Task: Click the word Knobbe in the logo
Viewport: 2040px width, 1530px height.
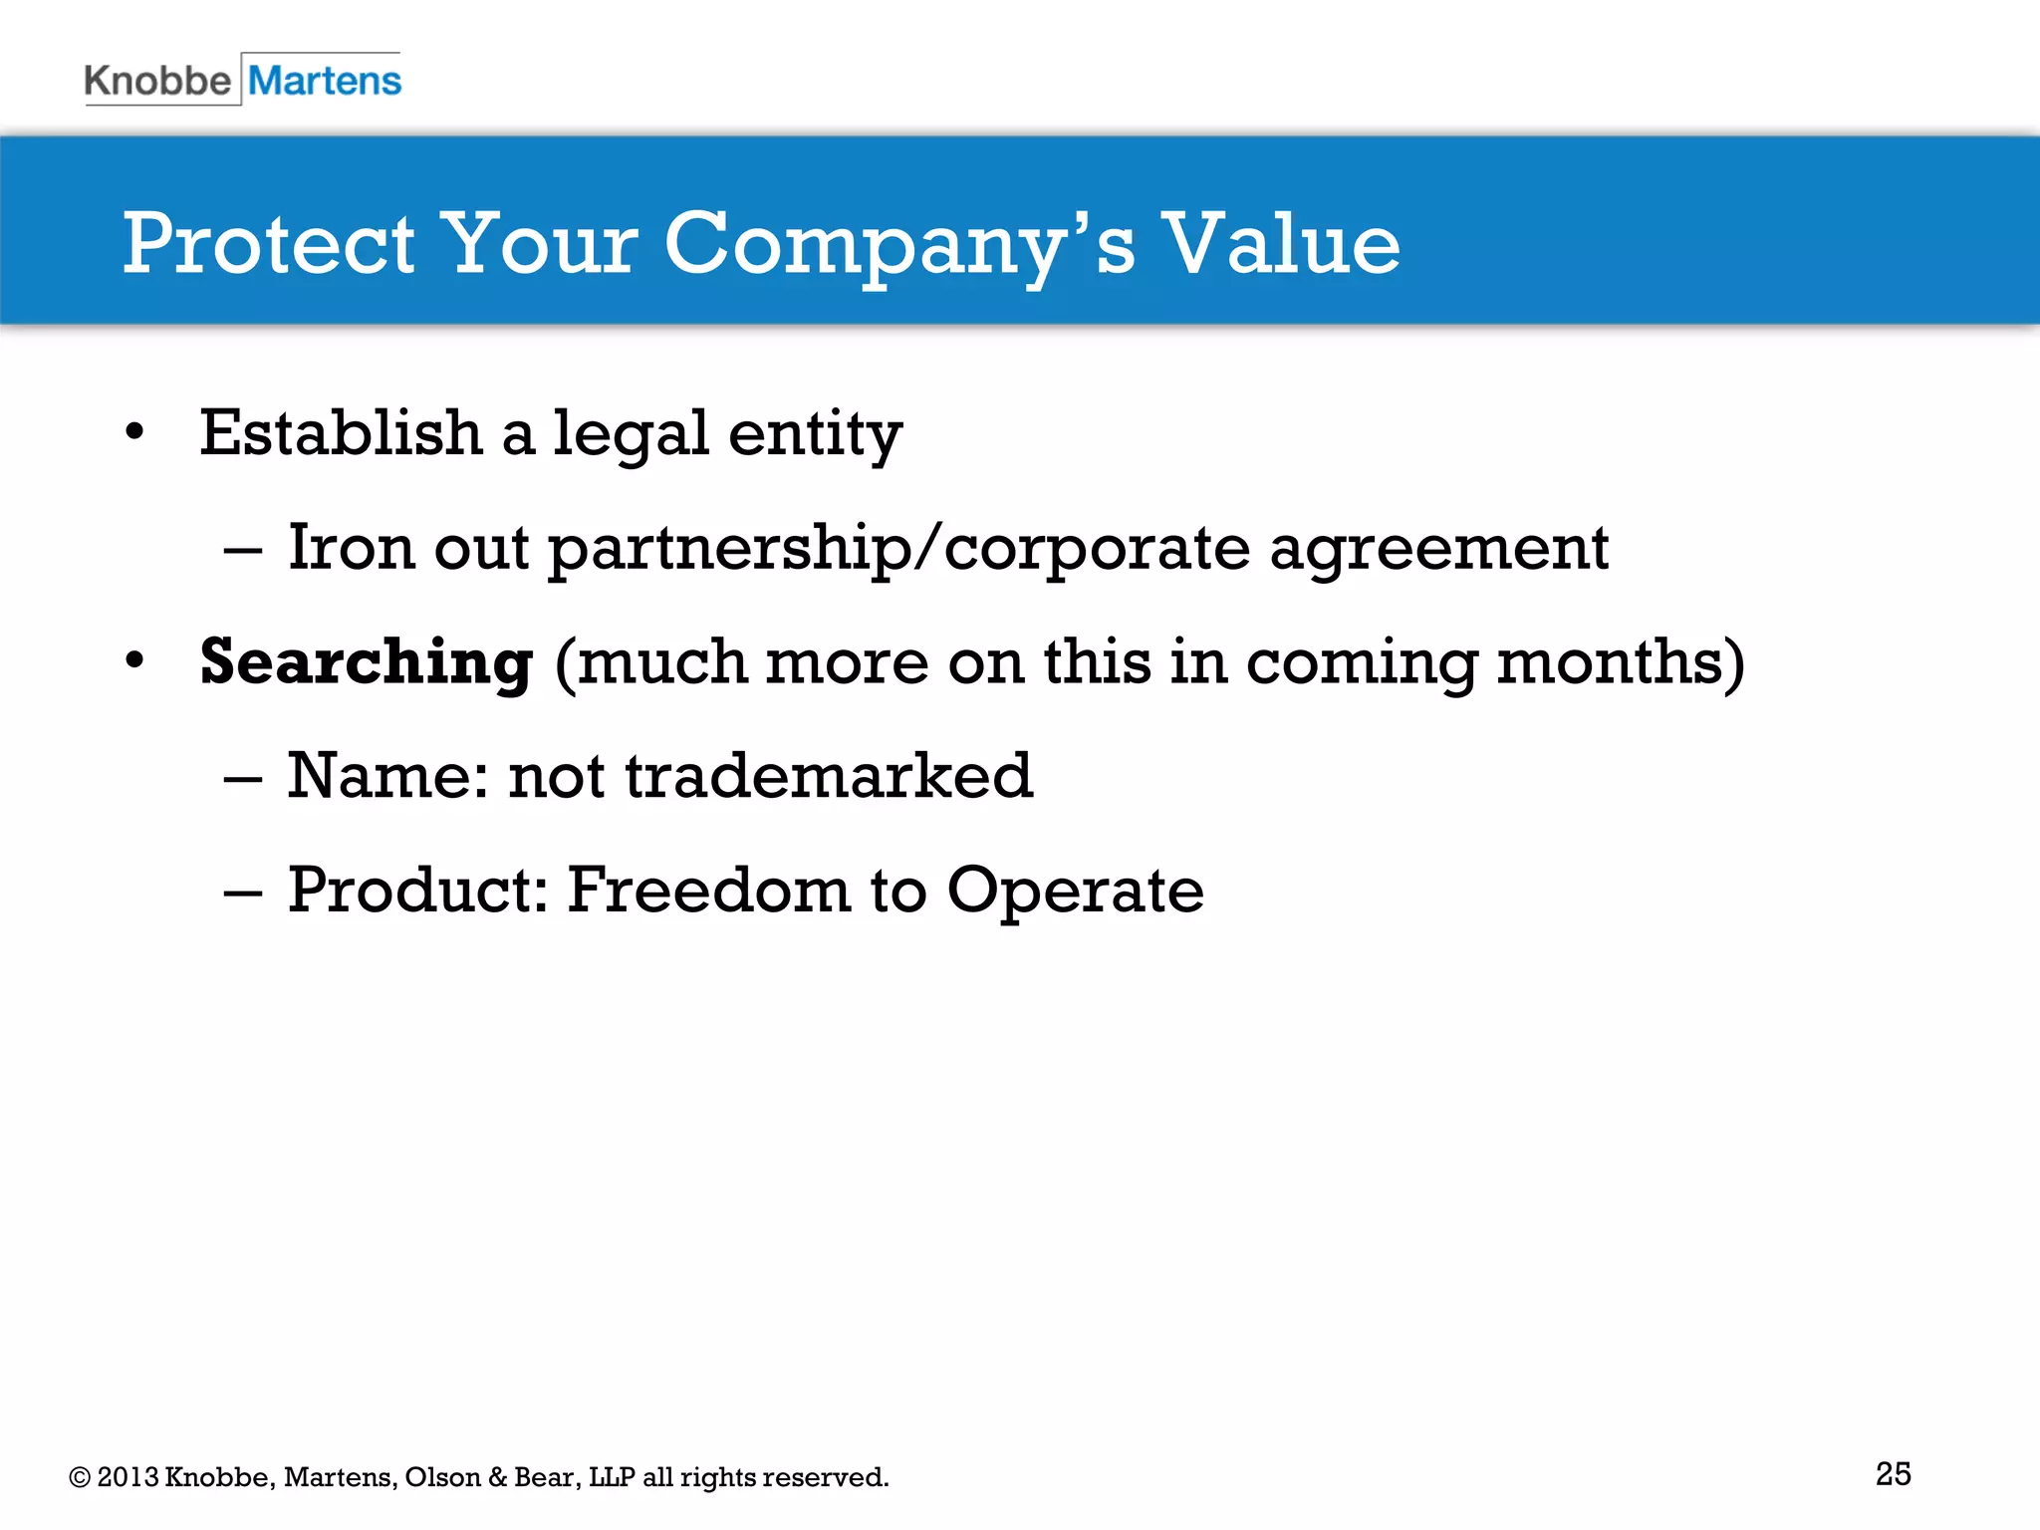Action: click(x=157, y=81)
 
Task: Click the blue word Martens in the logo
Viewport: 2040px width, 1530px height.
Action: click(x=325, y=81)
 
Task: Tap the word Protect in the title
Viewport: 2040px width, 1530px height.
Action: click(x=268, y=244)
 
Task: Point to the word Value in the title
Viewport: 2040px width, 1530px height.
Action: click(x=1282, y=244)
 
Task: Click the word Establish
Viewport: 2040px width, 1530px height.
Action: click(x=341, y=434)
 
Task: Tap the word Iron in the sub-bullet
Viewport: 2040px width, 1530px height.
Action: click(x=351, y=548)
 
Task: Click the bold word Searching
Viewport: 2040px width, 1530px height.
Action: click(x=366, y=663)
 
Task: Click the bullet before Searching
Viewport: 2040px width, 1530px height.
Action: click(x=135, y=660)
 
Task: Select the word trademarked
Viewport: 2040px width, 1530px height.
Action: click(x=829, y=776)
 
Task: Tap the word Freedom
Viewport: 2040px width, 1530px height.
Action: click(x=708, y=890)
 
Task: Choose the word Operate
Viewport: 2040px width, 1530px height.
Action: click(x=1075, y=892)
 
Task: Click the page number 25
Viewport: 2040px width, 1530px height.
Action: click(x=1893, y=1473)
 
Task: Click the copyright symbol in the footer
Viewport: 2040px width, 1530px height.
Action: click(x=80, y=1477)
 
